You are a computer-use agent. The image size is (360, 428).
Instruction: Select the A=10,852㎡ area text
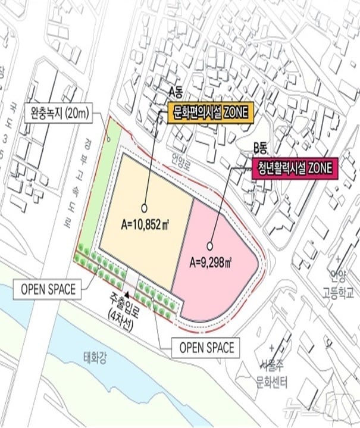(143, 225)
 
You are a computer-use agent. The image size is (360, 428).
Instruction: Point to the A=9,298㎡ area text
(211, 260)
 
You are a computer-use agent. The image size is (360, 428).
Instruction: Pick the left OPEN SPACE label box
(48, 290)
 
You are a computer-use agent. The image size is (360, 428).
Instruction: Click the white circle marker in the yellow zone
(143, 208)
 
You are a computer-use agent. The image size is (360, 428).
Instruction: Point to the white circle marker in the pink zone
(210, 245)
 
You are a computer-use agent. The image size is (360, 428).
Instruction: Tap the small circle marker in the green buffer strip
(109, 138)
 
